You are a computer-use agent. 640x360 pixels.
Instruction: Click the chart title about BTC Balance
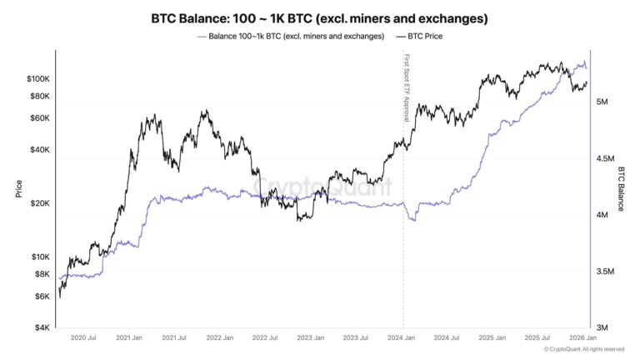coord(320,17)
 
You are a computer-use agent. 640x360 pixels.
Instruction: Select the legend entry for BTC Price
coord(425,36)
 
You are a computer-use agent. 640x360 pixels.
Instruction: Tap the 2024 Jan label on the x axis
coord(402,338)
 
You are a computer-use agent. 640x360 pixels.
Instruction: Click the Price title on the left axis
coord(18,189)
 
